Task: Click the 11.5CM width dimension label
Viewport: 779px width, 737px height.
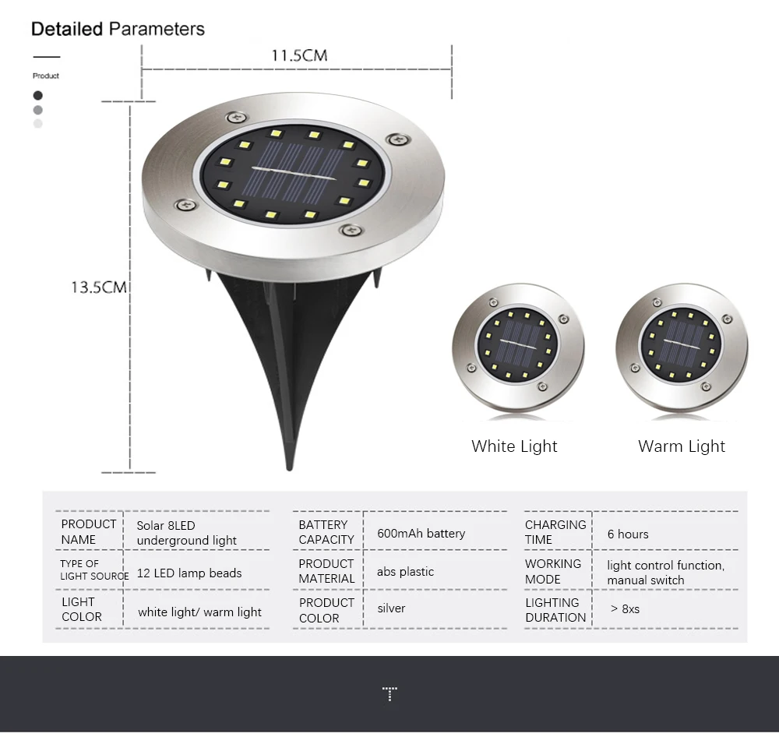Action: pyautogui.click(x=299, y=55)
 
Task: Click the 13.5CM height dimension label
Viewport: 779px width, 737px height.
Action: pyautogui.click(x=99, y=287)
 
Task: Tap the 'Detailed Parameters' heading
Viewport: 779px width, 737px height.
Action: pyautogui.click(x=118, y=30)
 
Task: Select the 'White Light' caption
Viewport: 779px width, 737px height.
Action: pyautogui.click(x=514, y=446)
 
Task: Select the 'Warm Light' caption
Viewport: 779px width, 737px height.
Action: pyautogui.click(x=682, y=446)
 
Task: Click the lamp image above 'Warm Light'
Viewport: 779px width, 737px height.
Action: pyautogui.click(x=682, y=346)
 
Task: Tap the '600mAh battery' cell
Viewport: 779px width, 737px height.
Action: pyautogui.click(x=421, y=534)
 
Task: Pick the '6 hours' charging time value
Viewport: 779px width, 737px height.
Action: pyautogui.click(x=628, y=534)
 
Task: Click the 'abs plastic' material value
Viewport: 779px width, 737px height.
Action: pyautogui.click(x=405, y=572)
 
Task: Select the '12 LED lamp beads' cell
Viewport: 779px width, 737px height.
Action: pyautogui.click(x=189, y=573)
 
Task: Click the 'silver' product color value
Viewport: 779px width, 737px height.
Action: pyautogui.click(x=391, y=608)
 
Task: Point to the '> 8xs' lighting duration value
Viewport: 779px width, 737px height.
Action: pyautogui.click(x=625, y=609)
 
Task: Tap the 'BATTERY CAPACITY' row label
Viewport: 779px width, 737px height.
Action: pyautogui.click(x=326, y=532)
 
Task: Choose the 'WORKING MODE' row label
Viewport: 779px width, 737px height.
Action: pyautogui.click(x=552, y=571)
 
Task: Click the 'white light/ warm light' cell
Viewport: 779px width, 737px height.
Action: pyautogui.click(x=199, y=612)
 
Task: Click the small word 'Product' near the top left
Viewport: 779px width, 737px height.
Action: pyautogui.click(x=46, y=76)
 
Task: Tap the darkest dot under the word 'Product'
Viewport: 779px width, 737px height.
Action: pyautogui.click(x=38, y=95)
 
